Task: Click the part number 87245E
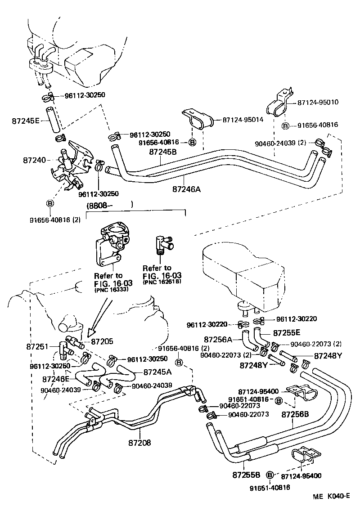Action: click(26, 121)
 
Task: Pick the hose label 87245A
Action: click(157, 372)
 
